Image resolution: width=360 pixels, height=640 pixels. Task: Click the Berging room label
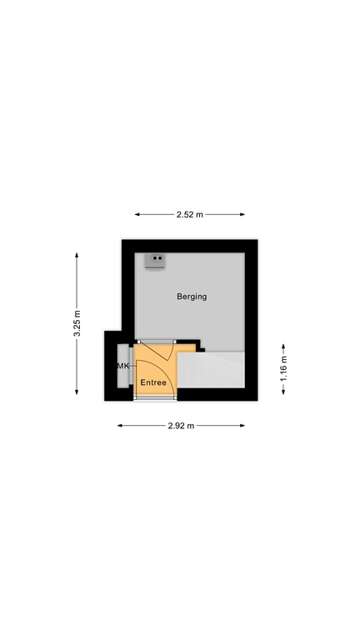tap(192, 297)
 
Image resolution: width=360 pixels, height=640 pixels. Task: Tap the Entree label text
tap(153, 382)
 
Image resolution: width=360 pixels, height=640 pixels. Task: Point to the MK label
tap(122, 366)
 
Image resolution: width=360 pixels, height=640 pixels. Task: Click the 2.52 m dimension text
tap(190, 214)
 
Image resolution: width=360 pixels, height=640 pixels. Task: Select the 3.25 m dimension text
tap(77, 324)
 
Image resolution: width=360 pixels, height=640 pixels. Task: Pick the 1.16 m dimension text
tap(283, 369)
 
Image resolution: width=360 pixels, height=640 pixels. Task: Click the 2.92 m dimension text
tap(181, 426)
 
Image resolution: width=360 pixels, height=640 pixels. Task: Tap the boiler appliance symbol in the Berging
tap(154, 262)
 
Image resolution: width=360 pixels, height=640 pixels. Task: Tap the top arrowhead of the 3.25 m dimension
tap(77, 256)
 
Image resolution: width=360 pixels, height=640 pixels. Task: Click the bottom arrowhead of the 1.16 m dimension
tap(283, 393)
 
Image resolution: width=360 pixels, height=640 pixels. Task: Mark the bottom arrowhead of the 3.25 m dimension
tap(77, 393)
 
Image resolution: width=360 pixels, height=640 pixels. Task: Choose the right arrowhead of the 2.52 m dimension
tap(243, 214)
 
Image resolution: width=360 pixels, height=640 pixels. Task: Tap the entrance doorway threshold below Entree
tap(155, 396)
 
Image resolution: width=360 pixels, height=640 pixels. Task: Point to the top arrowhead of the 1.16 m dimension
tap(283, 345)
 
